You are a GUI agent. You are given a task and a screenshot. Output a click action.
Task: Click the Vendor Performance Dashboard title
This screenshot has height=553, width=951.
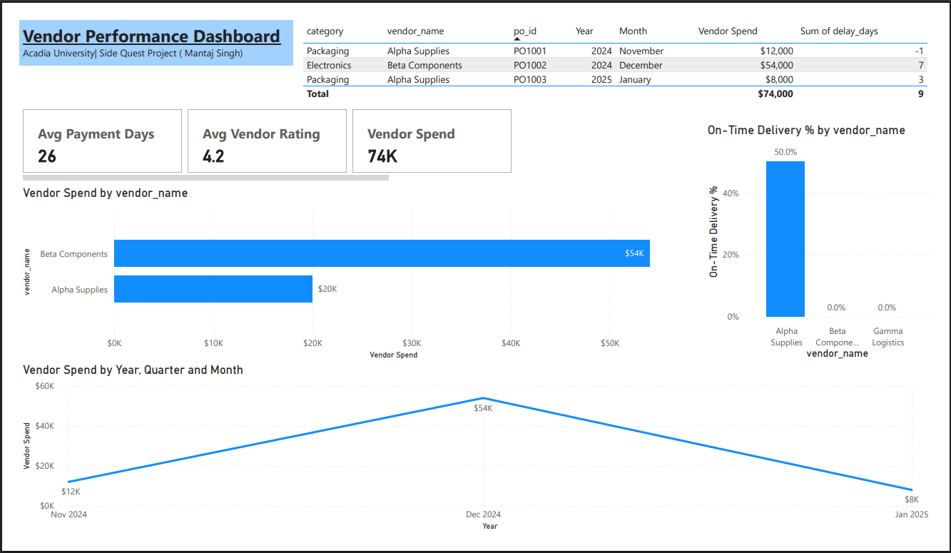[151, 37]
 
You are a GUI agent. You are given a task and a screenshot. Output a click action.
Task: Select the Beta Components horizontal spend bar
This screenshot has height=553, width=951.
[382, 253]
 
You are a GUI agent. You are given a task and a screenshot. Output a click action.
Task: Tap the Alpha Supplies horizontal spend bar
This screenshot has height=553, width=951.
[213, 289]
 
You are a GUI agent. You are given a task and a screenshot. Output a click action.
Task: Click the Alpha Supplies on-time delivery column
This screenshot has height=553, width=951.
[785, 239]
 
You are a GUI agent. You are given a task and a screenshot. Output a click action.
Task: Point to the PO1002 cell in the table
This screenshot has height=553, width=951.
[529, 65]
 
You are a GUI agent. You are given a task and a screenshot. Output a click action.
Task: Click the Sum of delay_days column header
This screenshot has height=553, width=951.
[839, 31]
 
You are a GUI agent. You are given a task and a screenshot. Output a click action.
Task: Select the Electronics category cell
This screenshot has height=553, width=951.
[329, 65]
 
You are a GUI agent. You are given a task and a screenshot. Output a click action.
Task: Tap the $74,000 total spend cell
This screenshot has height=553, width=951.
[775, 93]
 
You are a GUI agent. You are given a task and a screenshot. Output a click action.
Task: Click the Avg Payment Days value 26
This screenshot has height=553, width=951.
[47, 156]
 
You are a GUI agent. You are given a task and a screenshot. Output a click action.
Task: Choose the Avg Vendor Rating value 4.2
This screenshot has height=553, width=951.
[213, 156]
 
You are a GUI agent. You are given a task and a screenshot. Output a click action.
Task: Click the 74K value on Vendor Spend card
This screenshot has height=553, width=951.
[382, 156]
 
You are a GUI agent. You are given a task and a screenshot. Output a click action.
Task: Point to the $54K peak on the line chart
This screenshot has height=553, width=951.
[483, 398]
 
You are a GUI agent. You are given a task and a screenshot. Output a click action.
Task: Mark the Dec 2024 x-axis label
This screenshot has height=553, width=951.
[483, 514]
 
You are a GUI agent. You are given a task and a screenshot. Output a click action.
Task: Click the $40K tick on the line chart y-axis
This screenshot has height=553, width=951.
[45, 426]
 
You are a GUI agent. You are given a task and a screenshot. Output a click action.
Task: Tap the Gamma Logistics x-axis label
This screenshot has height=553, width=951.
[888, 337]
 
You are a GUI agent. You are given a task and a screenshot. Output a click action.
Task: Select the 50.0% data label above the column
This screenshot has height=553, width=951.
[785, 152]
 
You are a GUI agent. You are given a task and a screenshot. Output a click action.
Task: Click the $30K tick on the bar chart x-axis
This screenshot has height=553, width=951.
[412, 343]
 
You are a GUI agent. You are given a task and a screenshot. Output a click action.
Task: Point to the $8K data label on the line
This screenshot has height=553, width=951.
[912, 499]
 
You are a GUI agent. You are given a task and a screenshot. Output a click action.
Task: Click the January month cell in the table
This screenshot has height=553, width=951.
[635, 79]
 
